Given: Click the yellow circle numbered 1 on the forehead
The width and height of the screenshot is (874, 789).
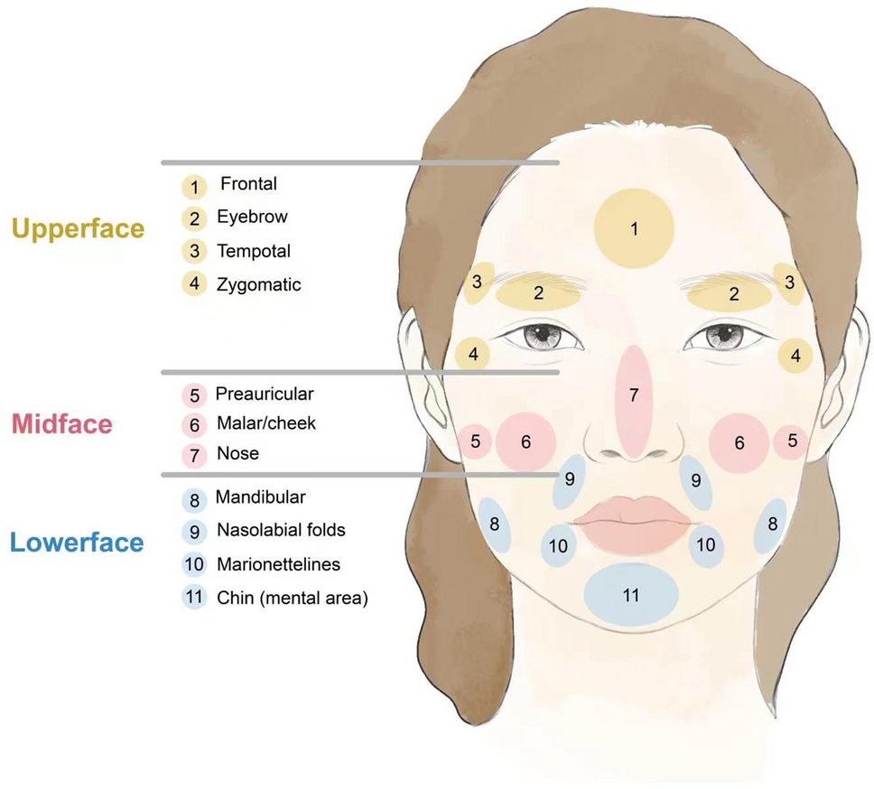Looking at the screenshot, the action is tap(634, 228).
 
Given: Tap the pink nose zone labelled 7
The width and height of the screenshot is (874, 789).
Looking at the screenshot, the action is tap(634, 398).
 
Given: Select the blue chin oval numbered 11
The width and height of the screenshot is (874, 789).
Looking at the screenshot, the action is tap(631, 595).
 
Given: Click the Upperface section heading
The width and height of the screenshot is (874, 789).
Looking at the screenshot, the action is tap(78, 228).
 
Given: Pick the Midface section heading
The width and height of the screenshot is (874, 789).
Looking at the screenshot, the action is tap(61, 424).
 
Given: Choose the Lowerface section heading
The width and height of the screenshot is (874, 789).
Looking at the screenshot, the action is tap(77, 543).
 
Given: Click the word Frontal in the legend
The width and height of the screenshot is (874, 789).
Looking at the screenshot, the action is tap(248, 184).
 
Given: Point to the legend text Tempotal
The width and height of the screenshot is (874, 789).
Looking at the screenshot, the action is tap(254, 251).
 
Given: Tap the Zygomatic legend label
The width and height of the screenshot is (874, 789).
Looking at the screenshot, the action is tap(258, 284).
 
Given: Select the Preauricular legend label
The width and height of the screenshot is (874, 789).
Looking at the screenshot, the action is tap(265, 394).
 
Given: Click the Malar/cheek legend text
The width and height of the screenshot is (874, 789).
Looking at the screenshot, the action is tap(266, 422).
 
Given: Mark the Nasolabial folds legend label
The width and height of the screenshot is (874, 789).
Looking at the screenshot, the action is tap(281, 530).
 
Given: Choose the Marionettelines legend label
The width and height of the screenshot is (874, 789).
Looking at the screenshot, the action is tap(278, 564).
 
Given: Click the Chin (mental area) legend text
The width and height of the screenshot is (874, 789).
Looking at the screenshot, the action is tap(293, 598).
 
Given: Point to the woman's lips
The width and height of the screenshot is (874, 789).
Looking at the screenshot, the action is tap(633, 522).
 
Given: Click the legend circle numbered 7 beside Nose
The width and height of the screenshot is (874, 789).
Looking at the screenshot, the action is tap(194, 455).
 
